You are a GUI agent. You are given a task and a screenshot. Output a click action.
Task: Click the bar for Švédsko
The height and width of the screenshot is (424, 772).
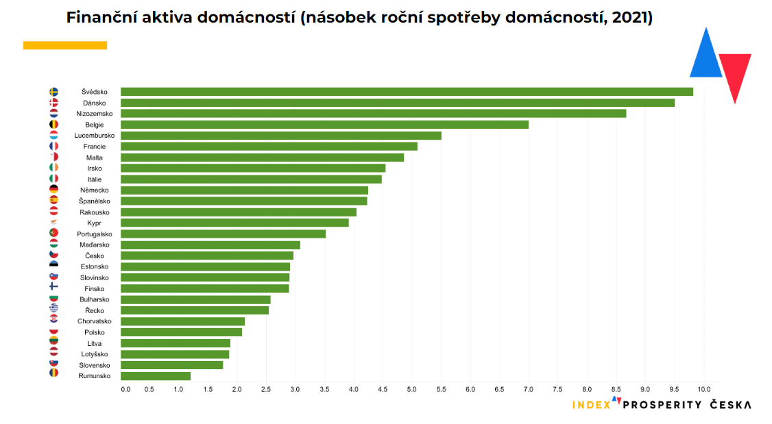click(407, 92)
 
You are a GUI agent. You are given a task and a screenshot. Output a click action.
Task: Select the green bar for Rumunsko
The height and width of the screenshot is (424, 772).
click(156, 376)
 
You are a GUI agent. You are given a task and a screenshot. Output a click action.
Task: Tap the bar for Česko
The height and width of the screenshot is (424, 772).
click(207, 255)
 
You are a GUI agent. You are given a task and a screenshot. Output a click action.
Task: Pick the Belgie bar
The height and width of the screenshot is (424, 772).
click(324, 125)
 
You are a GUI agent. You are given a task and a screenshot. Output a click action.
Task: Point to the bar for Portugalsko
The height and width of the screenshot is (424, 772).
click(223, 234)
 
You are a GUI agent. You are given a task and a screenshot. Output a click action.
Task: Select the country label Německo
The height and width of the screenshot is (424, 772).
click(95, 190)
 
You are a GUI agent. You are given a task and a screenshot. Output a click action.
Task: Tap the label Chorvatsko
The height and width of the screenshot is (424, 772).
click(95, 321)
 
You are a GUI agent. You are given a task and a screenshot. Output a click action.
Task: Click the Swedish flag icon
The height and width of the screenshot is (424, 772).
click(53, 92)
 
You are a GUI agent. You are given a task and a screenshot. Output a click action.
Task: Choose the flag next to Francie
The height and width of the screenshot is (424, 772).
click(53, 147)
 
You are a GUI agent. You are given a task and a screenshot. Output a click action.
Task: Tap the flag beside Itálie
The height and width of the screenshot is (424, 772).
click(53, 179)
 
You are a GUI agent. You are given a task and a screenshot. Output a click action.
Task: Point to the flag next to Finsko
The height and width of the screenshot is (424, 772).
click(53, 288)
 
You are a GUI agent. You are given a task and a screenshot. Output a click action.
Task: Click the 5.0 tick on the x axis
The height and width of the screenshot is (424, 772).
click(411, 390)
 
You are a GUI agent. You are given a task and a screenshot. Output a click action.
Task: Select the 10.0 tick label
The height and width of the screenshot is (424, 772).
click(703, 390)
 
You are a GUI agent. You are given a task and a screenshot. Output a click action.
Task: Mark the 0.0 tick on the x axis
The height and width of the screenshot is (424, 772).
click(125, 390)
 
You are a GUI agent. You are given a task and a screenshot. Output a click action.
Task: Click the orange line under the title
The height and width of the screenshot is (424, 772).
click(65, 45)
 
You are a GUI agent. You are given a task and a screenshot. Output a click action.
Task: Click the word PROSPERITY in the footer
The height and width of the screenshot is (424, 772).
click(662, 405)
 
